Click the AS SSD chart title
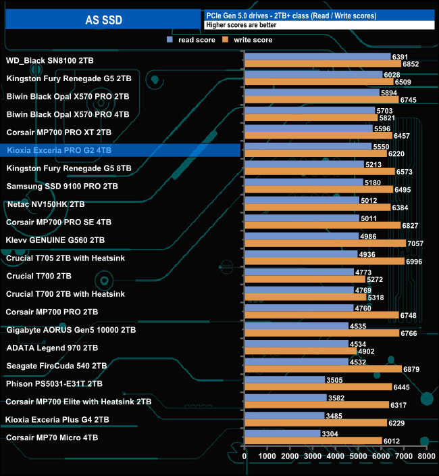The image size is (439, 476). (x=104, y=20)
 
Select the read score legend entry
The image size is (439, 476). (x=193, y=40)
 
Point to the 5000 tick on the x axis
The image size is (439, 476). (x=358, y=457)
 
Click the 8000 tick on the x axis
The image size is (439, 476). (x=426, y=457)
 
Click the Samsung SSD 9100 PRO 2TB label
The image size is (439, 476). (x=62, y=186)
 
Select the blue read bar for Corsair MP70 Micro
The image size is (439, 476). (x=282, y=433)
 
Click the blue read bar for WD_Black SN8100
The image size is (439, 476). (x=317, y=56)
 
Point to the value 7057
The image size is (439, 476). (x=416, y=243)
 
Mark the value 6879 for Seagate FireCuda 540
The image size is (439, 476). (x=412, y=369)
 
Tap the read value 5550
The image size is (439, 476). (x=382, y=146)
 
